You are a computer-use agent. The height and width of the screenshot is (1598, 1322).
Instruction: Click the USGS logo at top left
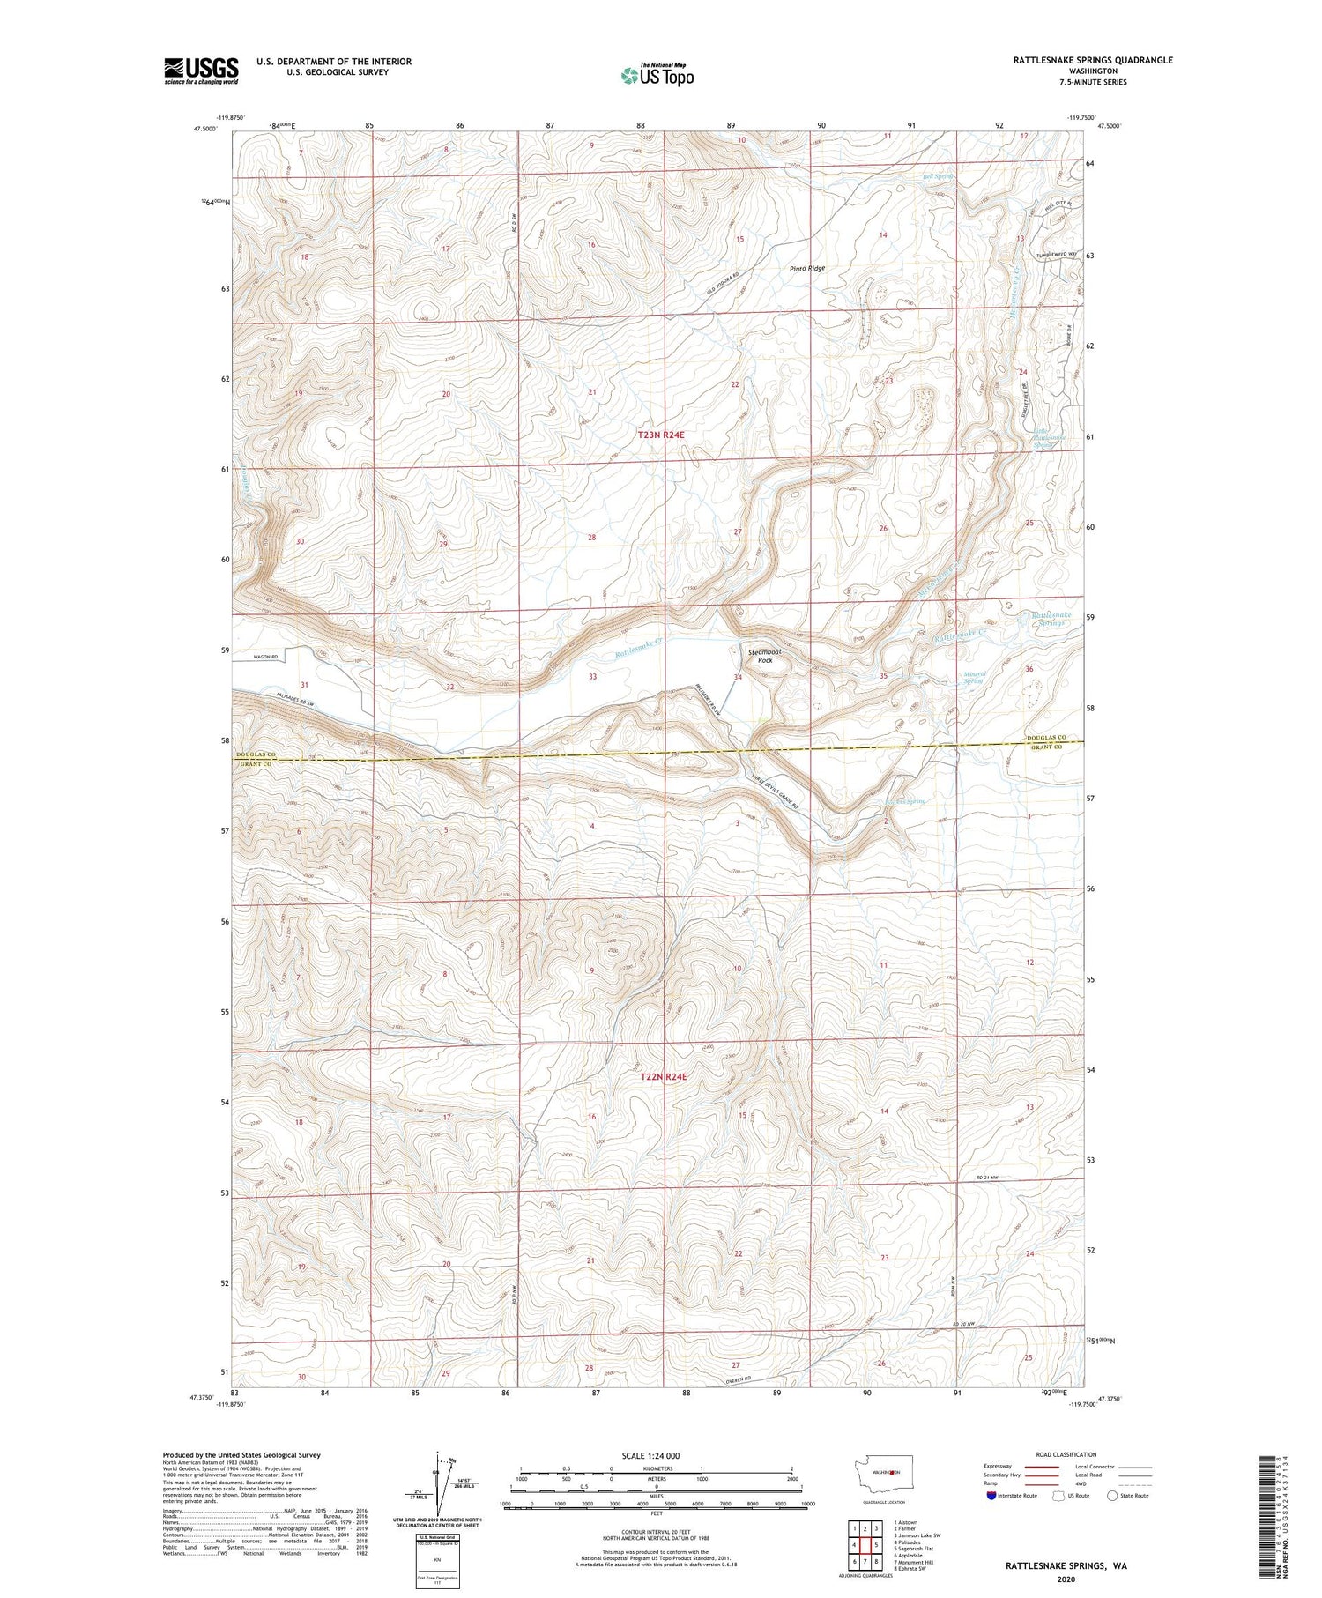click(201, 71)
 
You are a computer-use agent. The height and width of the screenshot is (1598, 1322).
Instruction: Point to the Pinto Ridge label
click(806, 268)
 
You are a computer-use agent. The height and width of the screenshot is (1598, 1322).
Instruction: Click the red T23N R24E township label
click(661, 435)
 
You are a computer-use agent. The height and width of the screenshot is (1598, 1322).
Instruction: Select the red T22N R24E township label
click(663, 1077)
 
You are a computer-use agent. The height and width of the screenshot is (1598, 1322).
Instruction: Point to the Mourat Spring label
click(973, 678)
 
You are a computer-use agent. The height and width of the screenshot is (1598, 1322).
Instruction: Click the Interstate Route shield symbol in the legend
click(991, 1496)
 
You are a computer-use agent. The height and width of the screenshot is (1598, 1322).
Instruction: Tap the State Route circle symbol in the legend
click(1112, 1496)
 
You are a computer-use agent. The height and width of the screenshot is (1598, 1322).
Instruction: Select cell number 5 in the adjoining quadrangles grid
click(876, 1545)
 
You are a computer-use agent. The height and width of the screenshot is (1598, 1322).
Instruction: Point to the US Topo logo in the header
click(657, 76)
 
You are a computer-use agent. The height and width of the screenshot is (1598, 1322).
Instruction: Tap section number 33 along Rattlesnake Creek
click(592, 677)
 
